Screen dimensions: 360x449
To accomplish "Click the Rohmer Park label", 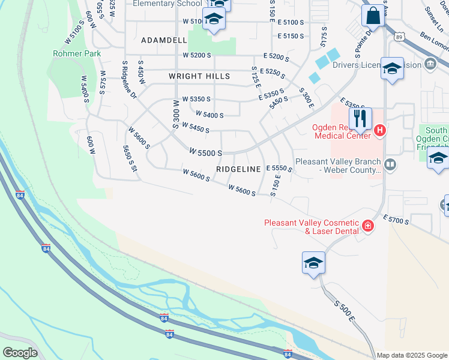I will pos(76,53).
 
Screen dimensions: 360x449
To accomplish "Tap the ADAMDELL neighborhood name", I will pos(160,40).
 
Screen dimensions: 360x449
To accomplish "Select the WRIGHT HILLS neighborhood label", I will pos(199,76).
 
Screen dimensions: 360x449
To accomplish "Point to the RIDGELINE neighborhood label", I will pos(238,170).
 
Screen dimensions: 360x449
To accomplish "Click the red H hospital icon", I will pos(379,130).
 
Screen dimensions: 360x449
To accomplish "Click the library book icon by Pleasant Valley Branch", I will pos(390,164).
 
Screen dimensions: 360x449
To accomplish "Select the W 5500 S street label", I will pos(206,153).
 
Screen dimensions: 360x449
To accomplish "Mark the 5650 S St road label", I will pos(130,158).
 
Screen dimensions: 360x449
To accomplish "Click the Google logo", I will pos(20,352).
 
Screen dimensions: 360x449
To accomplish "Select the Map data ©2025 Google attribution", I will pos(411,355).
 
